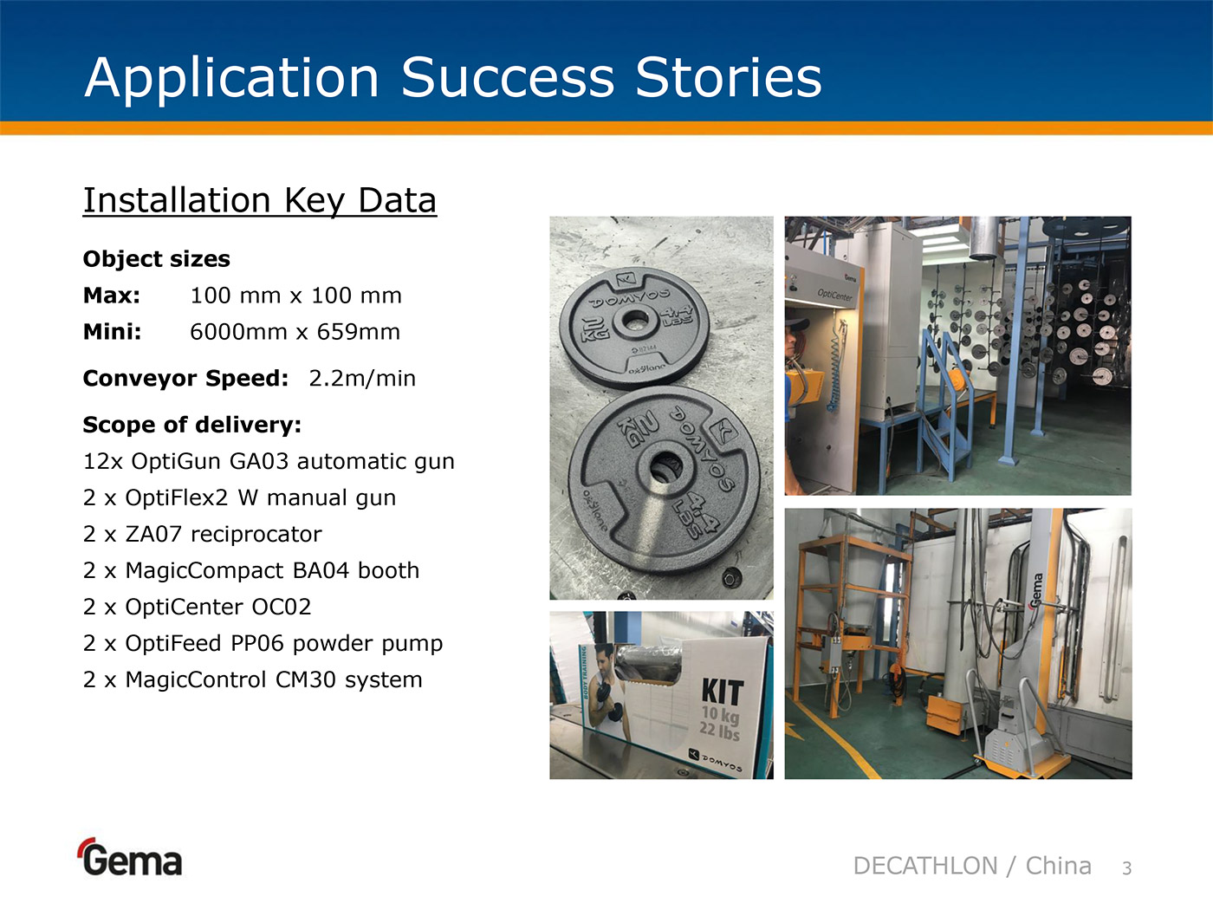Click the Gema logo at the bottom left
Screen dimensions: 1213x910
click(130, 857)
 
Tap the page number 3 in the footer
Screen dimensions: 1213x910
click(1127, 868)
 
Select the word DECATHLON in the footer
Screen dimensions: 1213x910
click(925, 866)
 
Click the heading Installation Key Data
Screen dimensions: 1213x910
click(260, 200)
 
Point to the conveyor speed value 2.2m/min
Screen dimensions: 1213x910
click(362, 379)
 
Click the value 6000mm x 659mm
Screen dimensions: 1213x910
click(295, 332)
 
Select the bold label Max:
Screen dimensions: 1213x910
click(112, 296)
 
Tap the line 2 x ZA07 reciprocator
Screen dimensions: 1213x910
click(202, 534)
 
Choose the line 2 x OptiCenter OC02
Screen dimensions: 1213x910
click(198, 608)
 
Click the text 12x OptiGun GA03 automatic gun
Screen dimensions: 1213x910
click(269, 461)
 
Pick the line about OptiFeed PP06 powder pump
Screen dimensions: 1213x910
click(263, 644)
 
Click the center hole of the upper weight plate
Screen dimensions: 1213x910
click(634, 320)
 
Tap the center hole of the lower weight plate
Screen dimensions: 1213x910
click(665, 468)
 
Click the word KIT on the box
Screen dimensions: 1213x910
click(723, 692)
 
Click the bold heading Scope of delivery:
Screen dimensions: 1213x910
click(192, 425)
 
